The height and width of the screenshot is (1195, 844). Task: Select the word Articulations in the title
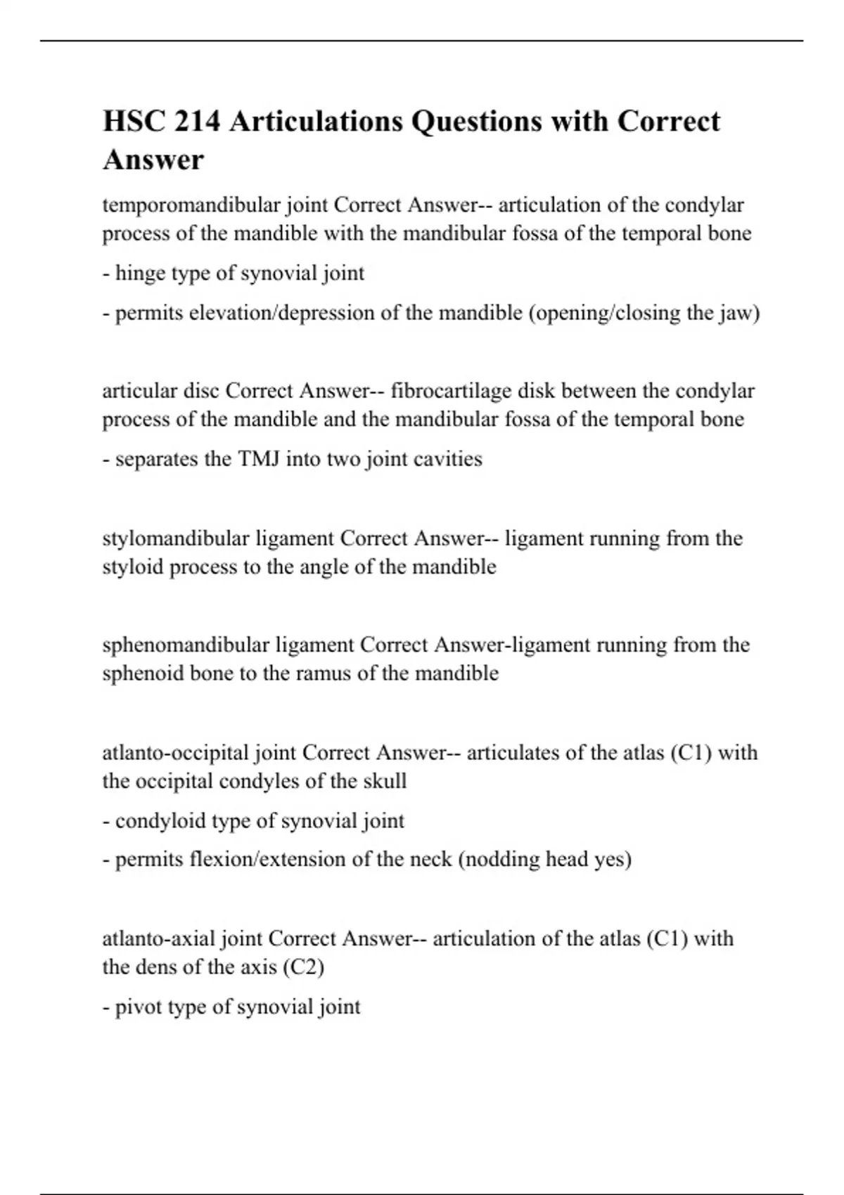pyautogui.click(x=315, y=122)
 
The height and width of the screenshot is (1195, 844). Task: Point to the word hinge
pyautogui.click(x=138, y=273)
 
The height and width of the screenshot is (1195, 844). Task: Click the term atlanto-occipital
pyautogui.click(x=176, y=753)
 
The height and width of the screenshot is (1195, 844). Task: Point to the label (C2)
pyautogui.click(x=303, y=967)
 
